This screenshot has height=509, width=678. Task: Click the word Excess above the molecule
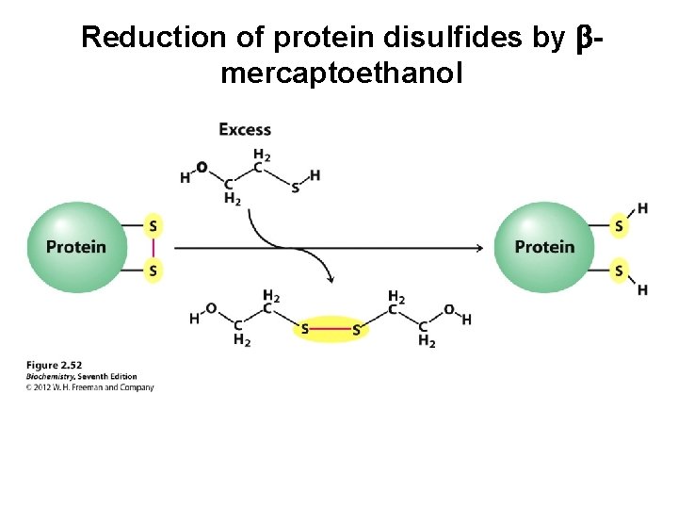coord(245,129)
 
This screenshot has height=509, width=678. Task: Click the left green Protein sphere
coord(75,247)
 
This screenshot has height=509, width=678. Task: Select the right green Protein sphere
coord(543,247)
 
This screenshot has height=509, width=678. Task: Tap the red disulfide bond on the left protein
coord(153,248)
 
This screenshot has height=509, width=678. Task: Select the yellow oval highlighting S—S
coord(330,329)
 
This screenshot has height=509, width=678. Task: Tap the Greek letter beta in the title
coord(583,38)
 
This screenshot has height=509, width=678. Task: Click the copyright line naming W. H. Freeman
coord(90,387)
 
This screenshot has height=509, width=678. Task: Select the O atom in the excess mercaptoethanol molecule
coord(202,168)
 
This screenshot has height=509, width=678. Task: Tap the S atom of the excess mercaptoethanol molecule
coord(296,188)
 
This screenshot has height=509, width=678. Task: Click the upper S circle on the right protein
coord(619,225)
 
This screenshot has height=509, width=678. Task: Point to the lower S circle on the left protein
coord(153,271)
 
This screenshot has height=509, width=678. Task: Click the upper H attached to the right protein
coord(642,207)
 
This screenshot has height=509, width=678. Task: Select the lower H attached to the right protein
coord(642,289)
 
